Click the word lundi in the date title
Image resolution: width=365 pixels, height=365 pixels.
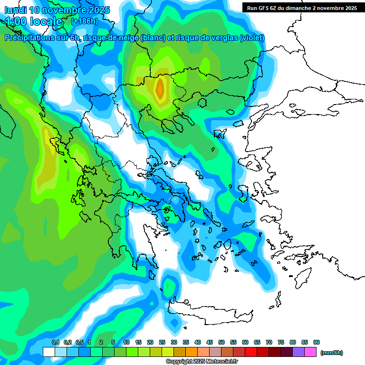(16, 10)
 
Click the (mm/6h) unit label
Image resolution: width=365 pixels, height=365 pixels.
(331, 353)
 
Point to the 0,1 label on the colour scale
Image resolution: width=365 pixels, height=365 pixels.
(55, 343)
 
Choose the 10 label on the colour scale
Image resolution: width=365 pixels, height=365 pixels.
(126, 343)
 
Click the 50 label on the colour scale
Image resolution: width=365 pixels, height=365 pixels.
(221, 343)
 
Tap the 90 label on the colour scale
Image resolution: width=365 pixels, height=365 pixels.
(317, 343)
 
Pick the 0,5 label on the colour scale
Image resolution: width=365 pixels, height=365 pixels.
(79, 343)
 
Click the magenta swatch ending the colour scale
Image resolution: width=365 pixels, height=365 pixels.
(310, 352)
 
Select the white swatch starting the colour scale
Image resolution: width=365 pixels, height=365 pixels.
(49, 352)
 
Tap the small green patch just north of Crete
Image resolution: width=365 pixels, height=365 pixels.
(168, 285)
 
